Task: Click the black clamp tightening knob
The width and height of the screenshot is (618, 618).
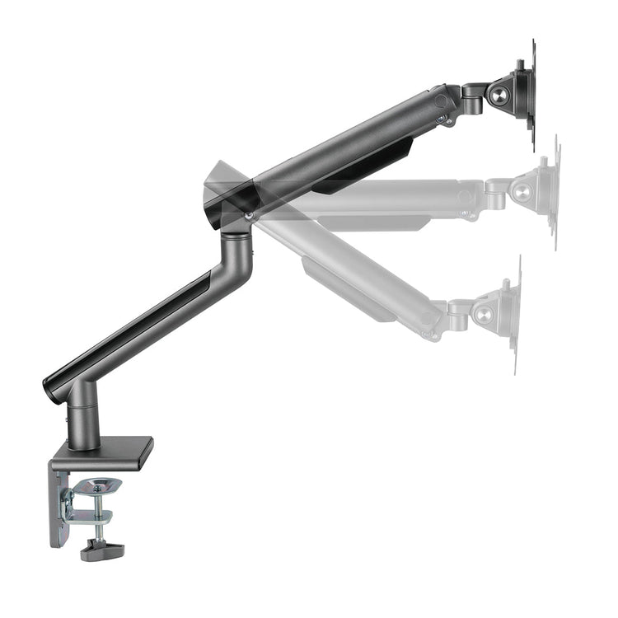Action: pyautogui.click(x=101, y=550)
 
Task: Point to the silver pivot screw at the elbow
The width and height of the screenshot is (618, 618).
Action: pyautogui.click(x=248, y=215)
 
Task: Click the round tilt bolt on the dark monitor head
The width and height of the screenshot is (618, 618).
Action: pyautogui.click(x=500, y=96)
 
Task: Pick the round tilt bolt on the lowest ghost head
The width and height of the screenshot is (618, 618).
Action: pyautogui.click(x=485, y=314)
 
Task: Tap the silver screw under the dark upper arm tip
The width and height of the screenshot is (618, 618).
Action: pyautogui.click(x=442, y=119)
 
